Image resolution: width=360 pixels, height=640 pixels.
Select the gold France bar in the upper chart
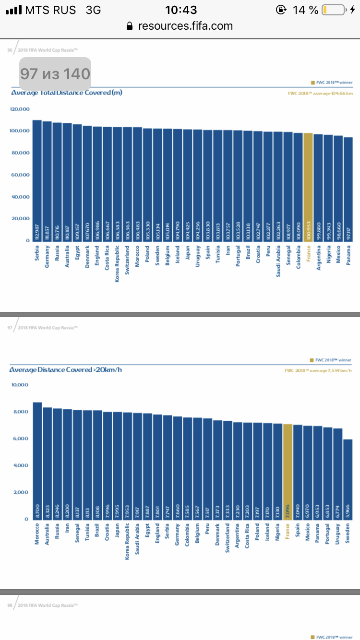308,187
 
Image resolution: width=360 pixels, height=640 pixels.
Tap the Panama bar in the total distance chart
348,189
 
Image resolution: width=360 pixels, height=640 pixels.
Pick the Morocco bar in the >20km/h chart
37,461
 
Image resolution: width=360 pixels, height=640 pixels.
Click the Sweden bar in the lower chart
348,479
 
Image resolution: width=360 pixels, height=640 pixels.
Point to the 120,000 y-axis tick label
20,109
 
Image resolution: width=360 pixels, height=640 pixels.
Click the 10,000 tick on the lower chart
20,385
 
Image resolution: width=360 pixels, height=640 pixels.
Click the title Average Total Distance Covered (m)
67,93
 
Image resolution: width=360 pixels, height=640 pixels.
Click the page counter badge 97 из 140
55,73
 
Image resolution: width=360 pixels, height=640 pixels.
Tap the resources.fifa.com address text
185,26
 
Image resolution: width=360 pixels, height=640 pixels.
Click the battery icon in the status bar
333,10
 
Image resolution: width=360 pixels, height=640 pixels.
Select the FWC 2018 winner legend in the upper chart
332,83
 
